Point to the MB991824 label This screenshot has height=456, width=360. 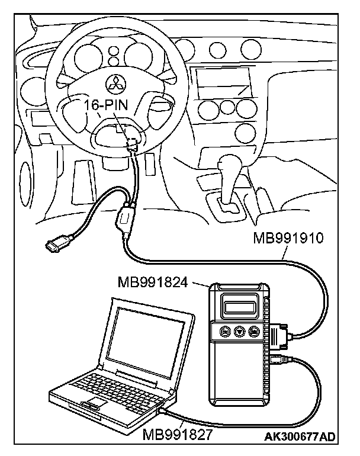pos(153,282)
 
